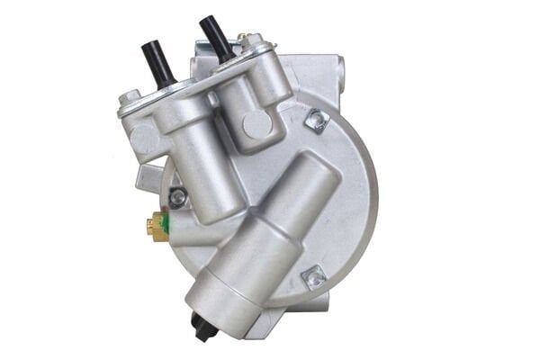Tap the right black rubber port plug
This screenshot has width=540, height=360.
coord(216,40)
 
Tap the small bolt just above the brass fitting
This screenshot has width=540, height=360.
coord(177,195)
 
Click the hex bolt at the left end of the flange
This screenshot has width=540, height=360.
coord(129,96)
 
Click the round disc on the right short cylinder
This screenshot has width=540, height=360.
coord(256,125)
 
